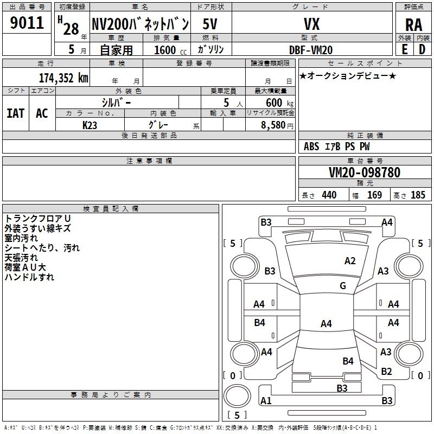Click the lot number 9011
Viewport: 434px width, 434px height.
pyautogui.click(x=27, y=23)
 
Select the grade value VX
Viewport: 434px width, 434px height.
pyautogui.click(x=311, y=24)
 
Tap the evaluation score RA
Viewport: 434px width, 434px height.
pyautogui.click(x=414, y=25)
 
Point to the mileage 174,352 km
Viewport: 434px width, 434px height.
pyautogui.click(x=63, y=78)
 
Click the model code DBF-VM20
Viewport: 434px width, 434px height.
pyautogui.click(x=311, y=50)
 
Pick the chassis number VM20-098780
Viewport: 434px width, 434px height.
pyautogui.click(x=365, y=172)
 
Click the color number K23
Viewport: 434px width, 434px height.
pyautogui.click(x=90, y=125)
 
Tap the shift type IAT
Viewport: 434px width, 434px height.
pyautogui.click(x=16, y=113)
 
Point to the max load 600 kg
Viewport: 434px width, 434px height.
pyautogui.click(x=279, y=103)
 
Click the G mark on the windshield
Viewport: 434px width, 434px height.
pyautogui.click(x=343, y=285)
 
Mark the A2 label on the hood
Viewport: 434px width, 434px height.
pyautogui.click(x=350, y=261)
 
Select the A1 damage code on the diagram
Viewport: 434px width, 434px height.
pyautogui.click(x=266, y=400)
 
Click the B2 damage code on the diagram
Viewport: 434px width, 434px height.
pyautogui.click(x=386, y=372)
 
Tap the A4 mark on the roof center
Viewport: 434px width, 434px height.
pyautogui.click(x=326, y=323)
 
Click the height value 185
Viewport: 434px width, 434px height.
pyautogui.click(x=418, y=195)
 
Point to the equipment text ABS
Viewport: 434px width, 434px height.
pyautogui.click(x=311, y=146)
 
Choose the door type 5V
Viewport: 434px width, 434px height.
pyautogui.click(x=210, y=24)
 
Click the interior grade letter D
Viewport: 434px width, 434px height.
pyautogui.click(x=422, y=49)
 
